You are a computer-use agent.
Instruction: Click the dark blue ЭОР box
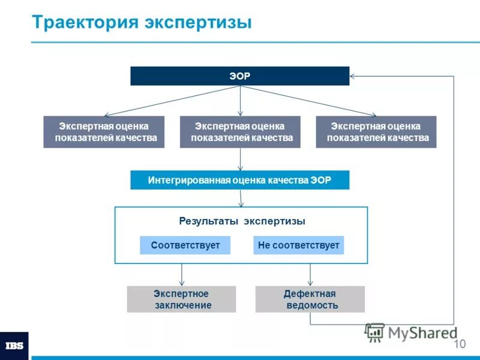[240, 76]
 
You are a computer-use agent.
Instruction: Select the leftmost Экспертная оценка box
[104, 132]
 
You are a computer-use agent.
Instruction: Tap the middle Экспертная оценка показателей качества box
[240, 132]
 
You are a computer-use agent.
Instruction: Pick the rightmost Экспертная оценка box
[376, 132]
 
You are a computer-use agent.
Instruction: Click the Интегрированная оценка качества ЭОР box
[240, 180]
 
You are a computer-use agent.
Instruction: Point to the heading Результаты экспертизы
[242, 221]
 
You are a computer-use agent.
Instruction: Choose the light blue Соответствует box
[185, 245]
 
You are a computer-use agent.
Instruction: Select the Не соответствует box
[298, 245]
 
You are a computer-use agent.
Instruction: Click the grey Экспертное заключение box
[181, 299]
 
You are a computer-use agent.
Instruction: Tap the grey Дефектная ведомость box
[310, 299]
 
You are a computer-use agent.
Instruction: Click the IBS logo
[14, 346]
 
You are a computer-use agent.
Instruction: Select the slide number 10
[459, 344]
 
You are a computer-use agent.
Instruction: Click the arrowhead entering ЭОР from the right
[353, 76]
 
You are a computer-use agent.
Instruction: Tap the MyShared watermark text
[420, 332]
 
